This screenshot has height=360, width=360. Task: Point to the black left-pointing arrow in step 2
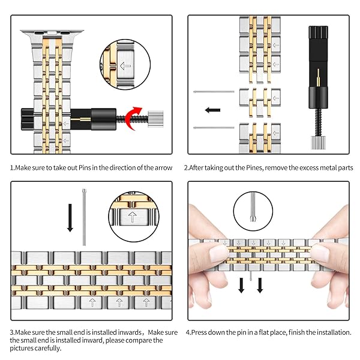[213, 110]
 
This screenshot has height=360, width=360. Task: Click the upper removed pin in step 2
[215, 92]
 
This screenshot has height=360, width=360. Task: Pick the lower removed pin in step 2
[215, 127]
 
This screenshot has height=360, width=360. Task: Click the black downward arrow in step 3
[70, 218]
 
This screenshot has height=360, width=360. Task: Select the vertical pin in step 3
[84, 217]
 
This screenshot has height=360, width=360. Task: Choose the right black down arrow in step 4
[260, 286]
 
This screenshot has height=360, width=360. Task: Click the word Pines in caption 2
[256, 167]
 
